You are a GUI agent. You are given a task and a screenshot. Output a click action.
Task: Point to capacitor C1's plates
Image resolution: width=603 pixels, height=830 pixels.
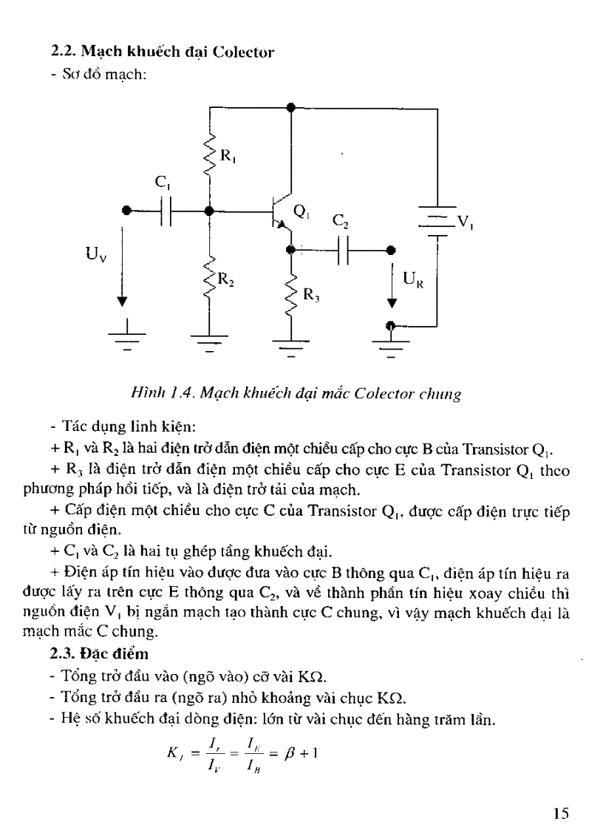166,212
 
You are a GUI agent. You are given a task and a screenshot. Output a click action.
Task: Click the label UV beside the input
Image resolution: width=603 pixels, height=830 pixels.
95,257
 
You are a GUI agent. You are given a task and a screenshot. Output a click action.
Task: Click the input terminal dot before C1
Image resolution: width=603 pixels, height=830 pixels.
126,212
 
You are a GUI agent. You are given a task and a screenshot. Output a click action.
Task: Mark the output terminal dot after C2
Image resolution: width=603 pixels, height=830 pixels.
390,251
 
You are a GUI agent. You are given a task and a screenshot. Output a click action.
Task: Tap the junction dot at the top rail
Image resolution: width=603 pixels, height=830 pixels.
291,107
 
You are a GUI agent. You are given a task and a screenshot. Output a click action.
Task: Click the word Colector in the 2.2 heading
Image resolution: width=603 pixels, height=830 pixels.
243,52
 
